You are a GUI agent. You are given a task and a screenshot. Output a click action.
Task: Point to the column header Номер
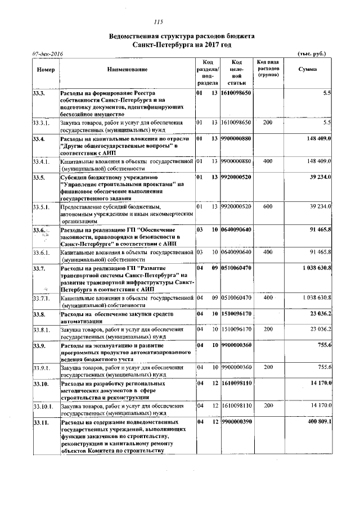[45, 69]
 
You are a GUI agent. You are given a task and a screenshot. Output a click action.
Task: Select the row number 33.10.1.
[43, 406]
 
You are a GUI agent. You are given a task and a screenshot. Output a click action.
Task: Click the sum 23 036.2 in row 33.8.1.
[318, 328]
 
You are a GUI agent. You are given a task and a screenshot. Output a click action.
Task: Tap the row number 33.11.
[40, 421]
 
